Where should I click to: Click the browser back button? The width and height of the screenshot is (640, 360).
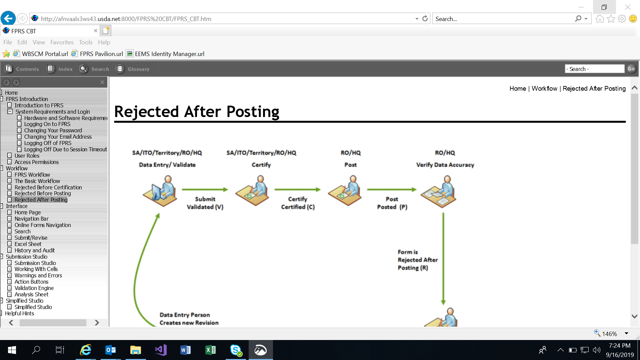(8, 18)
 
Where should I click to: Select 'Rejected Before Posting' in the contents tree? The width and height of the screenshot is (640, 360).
(43, 193)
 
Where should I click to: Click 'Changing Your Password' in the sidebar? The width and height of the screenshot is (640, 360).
(53, 130)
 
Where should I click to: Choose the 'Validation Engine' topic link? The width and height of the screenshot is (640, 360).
(34, 288)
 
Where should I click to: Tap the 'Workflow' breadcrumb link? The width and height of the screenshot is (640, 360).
(544, 88)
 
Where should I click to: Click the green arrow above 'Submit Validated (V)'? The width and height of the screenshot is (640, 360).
(205, 189)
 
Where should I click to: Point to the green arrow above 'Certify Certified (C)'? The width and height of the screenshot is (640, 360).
(297, 189)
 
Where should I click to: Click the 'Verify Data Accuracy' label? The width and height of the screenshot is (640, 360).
(445, 165)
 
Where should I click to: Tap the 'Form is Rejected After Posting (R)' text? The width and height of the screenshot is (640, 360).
(417, 260)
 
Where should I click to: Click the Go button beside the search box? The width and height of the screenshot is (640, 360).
(631, 69)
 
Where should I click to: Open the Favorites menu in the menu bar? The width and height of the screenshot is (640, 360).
(62, 42)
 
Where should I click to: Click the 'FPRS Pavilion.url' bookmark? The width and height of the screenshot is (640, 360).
(101, 54)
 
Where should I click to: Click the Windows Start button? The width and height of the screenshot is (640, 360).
(12, 350)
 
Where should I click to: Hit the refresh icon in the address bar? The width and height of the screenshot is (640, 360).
(425, 19)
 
